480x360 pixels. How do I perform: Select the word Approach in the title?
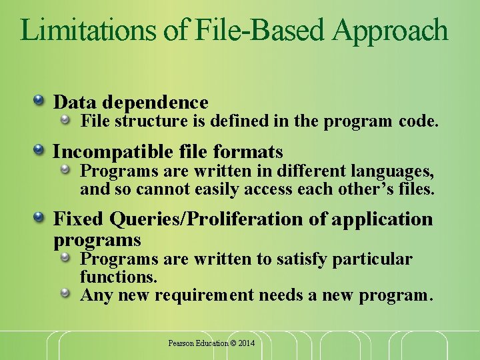[x=391, y=31]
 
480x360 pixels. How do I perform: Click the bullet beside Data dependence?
[x=40, y=101]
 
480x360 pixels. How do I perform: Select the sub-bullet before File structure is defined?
[x=66, y=121]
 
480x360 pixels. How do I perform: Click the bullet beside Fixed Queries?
[x=40, y=218]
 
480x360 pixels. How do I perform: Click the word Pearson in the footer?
[x=180, y=343]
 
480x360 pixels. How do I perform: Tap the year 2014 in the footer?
[x=245, y=343]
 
